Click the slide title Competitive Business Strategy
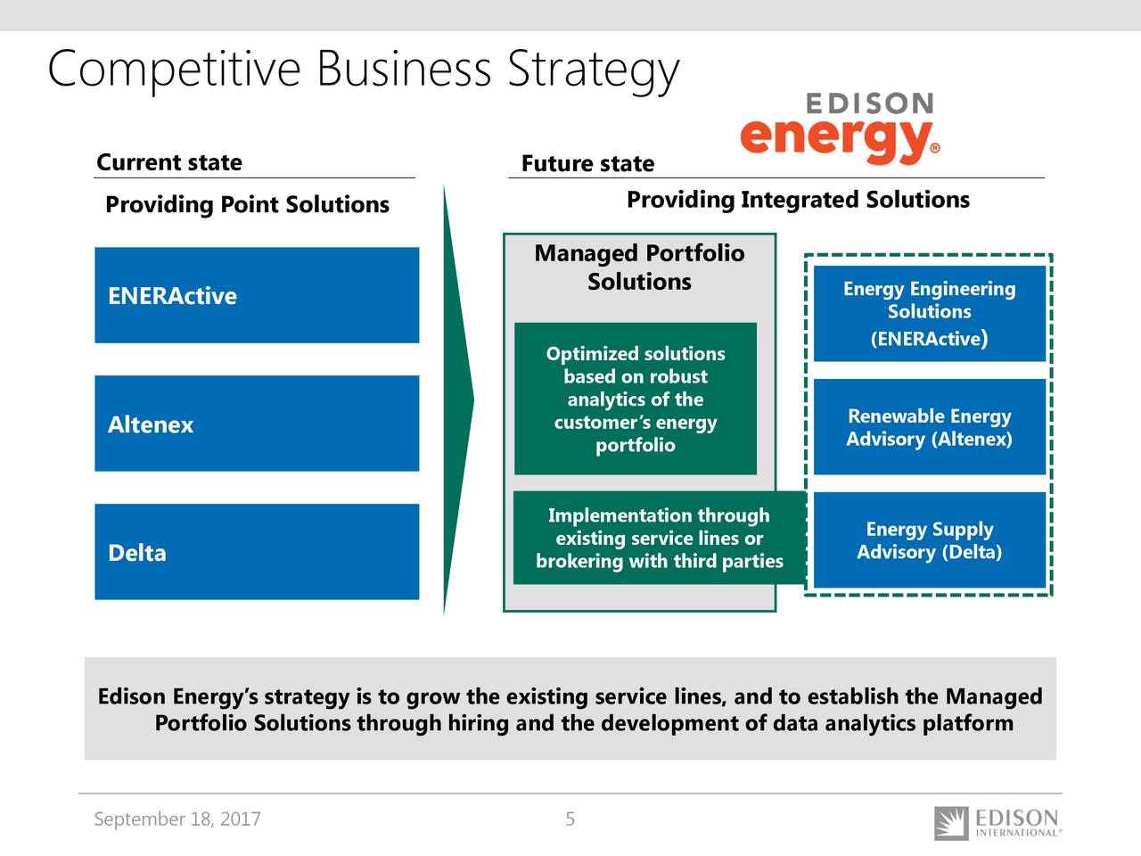pos(364,70)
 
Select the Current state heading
pos(169,162)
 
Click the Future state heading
pos(588,164)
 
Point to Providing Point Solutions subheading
pos(248,204)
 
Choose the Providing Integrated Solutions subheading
pos(799,200)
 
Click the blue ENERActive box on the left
pos(257,295)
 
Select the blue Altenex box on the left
pos(257,424)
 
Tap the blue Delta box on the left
pos(257,552)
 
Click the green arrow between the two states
pos(457,400)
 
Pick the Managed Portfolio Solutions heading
pos(639,267)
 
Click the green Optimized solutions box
pos(636,399)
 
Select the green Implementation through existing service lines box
pos(660,538)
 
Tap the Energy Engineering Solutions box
pos(930,313)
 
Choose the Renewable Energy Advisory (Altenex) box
pos(930,427)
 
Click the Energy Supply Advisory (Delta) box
pos(930,540)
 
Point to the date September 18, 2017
pos(177,819)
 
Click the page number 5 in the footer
pos(570,819)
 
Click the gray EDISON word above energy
pos(870,103)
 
